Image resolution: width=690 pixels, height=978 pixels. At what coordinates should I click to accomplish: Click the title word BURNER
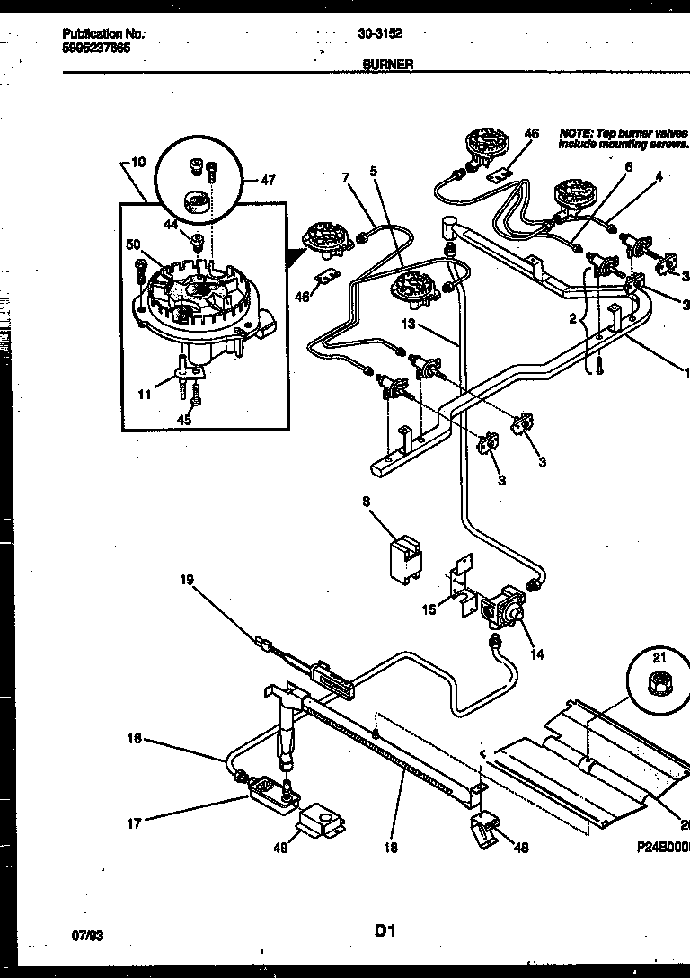coord(388,65)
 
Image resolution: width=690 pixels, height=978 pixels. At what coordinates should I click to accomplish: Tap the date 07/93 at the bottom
coord(87,935)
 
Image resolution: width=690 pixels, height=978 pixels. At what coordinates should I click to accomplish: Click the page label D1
coord(385,932)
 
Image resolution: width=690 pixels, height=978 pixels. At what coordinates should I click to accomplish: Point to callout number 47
coord(268,180)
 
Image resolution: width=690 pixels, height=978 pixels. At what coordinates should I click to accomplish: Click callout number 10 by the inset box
coord(137,163)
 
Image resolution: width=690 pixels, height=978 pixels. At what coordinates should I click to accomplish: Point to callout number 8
coord(367,502)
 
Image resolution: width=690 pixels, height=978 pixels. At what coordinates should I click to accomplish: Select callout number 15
coord(429,609)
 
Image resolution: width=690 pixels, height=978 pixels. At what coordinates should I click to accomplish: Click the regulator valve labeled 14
coord(504,611)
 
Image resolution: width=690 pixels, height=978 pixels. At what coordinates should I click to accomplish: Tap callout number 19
coord(187,580)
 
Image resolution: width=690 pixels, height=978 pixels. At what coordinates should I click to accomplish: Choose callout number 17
coord(134,822)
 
